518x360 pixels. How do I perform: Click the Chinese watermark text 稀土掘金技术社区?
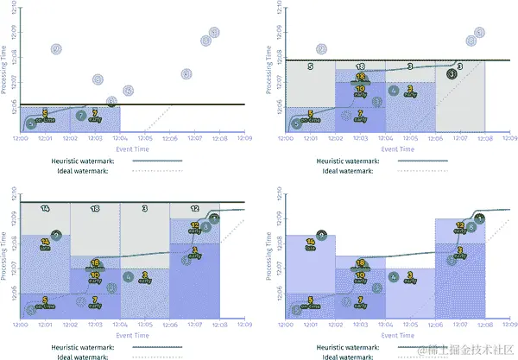pyautogui.click(x=467, y=350)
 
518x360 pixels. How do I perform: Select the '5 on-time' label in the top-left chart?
pyautogui.click(x=44, y=115)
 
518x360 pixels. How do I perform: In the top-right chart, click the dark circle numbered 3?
pyautogui.click(x=452, y=75)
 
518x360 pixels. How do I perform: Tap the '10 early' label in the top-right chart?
pyautogui.click(x=360, y=88)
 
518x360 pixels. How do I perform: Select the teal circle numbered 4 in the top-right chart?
pyautogui.click(x=394, y=90)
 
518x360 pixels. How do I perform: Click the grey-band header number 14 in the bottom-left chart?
pyautogui.click(x=44, y=209)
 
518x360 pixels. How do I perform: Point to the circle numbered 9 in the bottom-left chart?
pyautogui.click(x=56, y=235)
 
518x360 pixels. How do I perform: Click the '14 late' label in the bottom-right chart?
pyautogui.click(x=310, y=244)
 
